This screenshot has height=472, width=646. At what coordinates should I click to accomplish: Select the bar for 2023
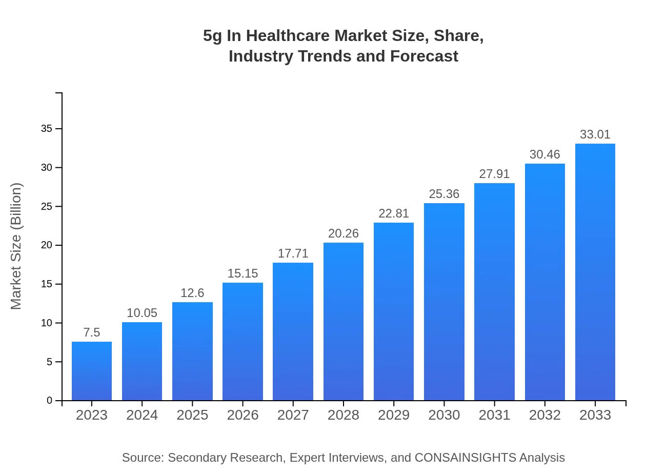[x=92, y=371]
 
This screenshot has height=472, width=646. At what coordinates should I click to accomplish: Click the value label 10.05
[x=142, y=313]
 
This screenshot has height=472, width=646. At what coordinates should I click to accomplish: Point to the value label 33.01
[x=595, y=134]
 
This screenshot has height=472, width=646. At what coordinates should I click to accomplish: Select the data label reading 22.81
[x=394, y=213]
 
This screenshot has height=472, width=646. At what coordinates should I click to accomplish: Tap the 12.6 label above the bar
[x=192, y=293]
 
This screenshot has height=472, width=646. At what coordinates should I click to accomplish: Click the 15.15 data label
[x=243, y=273]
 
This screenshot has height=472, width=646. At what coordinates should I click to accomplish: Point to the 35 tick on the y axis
[x=47, y=129]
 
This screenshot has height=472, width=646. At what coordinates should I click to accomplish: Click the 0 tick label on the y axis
[x=50, y=401]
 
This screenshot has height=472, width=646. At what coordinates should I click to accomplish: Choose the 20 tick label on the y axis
[x=47, y=245]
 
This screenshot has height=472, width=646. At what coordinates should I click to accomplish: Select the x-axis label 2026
[x=243, y=415]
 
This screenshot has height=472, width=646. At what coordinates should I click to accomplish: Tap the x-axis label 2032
[x=544, y=415]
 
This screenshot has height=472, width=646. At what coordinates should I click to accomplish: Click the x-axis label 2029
[x=394, y=415]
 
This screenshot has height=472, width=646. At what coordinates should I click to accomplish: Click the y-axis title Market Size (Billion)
[x=16, y=246]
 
